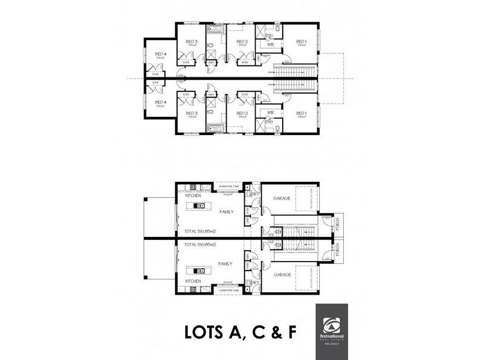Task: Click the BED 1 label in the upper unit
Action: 302,41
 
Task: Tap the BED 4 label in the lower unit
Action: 160,103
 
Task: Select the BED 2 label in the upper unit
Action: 242,41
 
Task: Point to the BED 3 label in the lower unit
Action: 192,113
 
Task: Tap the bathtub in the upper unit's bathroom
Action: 215,29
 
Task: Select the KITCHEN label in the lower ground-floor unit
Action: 193,280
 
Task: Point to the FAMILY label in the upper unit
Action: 226,212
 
